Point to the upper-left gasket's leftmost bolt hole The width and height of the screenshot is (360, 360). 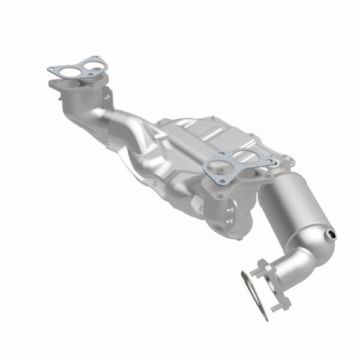click(x=52, y=70)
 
